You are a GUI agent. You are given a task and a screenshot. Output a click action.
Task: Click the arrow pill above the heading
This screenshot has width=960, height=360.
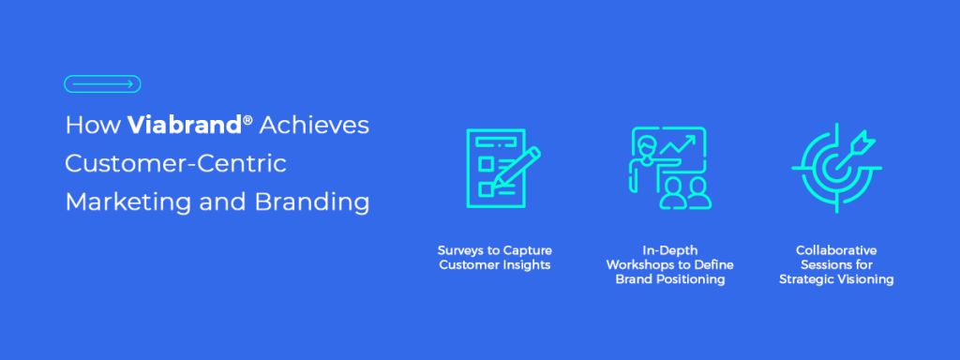[x=102, y=83]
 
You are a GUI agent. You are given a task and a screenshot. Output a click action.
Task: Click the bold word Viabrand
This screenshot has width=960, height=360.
[x=186, y=126]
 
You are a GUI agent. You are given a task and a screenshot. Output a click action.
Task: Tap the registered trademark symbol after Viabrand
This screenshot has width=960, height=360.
[x=247, y=120]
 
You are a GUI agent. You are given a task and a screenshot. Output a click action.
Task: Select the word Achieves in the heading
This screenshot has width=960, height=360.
[x=314, y=126]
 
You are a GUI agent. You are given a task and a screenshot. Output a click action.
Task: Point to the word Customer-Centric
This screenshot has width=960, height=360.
[x=176, y=164]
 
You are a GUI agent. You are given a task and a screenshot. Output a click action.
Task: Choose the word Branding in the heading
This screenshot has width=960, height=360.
[x=312, y=202]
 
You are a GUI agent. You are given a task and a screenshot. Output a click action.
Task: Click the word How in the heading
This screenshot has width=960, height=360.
[x=93, y=126]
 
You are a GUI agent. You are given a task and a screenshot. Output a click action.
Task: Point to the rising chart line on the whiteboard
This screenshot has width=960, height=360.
[x=678, y=144]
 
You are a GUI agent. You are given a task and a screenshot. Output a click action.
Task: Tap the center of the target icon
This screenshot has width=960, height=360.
[x=835, y=167]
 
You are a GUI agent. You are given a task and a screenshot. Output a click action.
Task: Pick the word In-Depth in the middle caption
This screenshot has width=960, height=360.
[x=669, y=251]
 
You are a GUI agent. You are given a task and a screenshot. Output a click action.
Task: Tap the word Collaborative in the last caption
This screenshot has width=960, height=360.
[x=835, y=251]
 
